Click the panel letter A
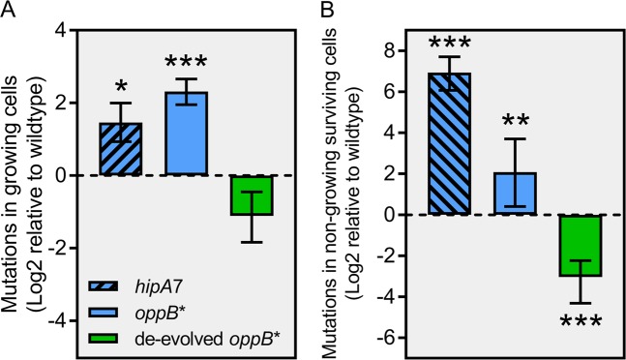[9, 12]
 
